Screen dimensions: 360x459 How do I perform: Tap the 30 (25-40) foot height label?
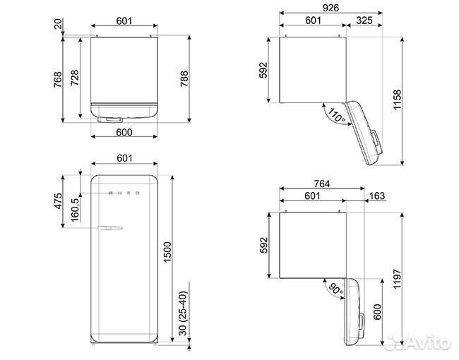(185, 315)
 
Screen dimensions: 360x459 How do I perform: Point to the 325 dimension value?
(364, 20)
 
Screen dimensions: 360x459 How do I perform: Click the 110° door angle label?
(334, 115)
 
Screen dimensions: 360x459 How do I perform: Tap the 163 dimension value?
(377, 196)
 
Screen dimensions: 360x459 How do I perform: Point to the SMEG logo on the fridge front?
(125, 191)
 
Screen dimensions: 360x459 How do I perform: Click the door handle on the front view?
(111, 227)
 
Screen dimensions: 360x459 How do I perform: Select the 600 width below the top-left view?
(124, 132)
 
